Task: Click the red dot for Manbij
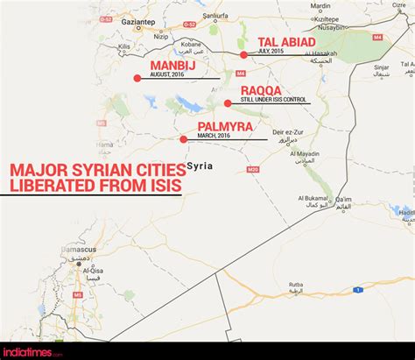click(x=137, y=78)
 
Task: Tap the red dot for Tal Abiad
click(x=243, y=54)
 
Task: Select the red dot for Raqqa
click(x=228, y=103)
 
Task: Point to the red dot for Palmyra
click(x=183, y=139)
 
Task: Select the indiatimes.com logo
click(x=32, y=351)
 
